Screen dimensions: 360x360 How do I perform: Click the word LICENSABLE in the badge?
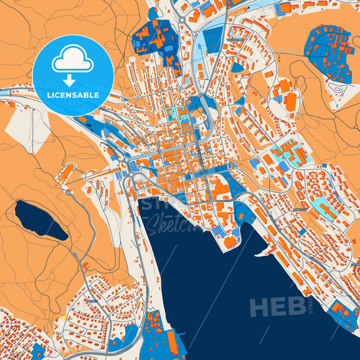click(73, 95)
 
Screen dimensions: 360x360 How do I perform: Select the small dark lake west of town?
click(41, 220)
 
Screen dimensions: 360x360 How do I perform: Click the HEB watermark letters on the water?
click(277, 307)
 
